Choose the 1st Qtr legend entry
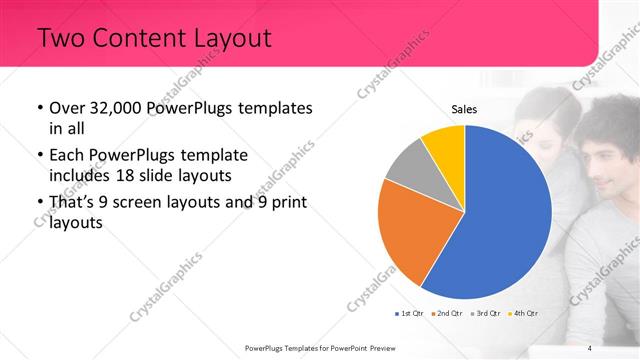pos(410,314)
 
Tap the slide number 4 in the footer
pos(590,348)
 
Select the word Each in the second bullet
pos(65,156)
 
